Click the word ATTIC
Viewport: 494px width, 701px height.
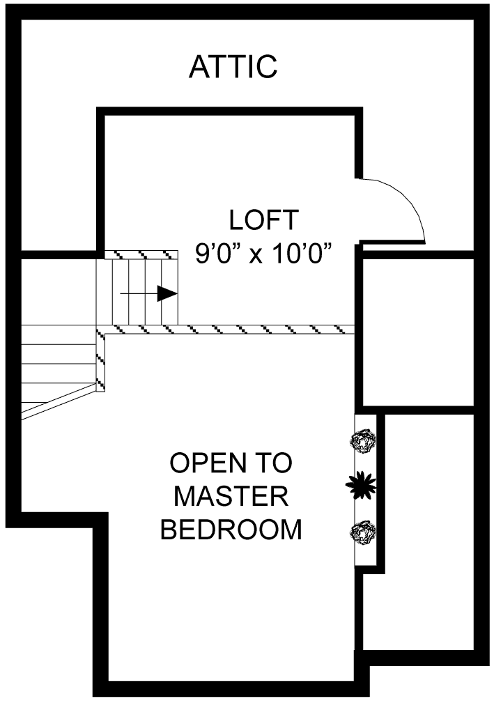tap(233, 67)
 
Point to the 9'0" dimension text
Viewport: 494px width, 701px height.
tap(218, 254)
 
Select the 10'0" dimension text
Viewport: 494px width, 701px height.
tap(298, 254)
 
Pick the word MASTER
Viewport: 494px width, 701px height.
tap(231, 497)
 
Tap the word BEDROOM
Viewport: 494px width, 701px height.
tap(231, 530)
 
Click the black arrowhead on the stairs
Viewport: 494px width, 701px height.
tap(167, 293)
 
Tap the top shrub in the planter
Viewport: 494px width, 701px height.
tap(363, 441)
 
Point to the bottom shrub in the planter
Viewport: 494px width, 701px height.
tap(363, 532)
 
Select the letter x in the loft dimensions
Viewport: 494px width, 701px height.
tap(256, 255)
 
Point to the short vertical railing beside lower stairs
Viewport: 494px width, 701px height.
tap(100, 362)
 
